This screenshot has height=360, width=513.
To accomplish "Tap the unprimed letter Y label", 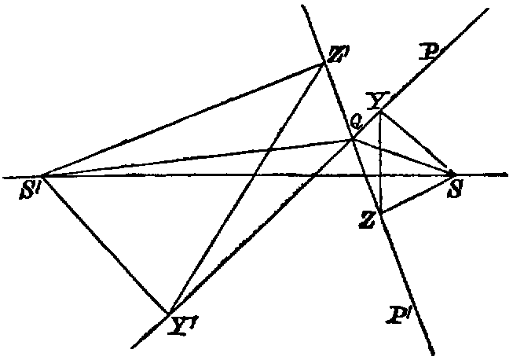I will [x=378, y=100].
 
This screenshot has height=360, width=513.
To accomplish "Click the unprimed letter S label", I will [x=454, y=189].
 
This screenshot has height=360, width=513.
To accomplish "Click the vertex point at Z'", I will [x=324, y=64].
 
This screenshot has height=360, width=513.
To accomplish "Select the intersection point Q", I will [x=352, y=141].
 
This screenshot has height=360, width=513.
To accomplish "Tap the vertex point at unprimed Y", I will [x=380, y=111].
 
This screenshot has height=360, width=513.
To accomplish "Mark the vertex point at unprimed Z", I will [x=379, y=211].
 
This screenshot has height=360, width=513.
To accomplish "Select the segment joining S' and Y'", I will [x=104, y=244].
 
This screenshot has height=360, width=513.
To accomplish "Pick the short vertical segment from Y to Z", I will [x=379, y=161].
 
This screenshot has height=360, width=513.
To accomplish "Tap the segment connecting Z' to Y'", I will [x=246, y=189].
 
